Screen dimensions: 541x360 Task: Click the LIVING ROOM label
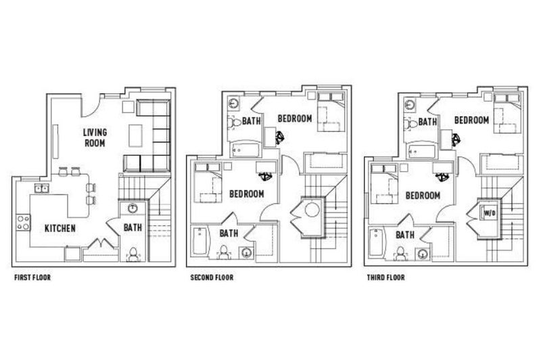click(x=95, y=137)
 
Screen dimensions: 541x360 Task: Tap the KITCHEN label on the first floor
click(x=60, y=228)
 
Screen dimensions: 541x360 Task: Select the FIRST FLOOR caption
click(x=32, y=277)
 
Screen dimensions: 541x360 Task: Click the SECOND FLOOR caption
click(x=212, y=277)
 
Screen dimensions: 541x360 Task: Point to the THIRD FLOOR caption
click(x=385, y=277)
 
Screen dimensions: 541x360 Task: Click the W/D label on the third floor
click(x=489, y=213)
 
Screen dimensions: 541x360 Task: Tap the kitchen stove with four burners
click(x=24, y=223)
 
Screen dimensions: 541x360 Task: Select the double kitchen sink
click(x=42, y=188)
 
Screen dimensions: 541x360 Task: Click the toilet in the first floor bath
click(x=133, y=253)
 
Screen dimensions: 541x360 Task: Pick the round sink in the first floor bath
click(x=133, y=208)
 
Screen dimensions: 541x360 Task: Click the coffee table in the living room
click(x=136, y=135)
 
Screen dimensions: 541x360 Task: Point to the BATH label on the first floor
click(x=133, y=227)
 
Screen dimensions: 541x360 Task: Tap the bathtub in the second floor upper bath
click(x=245, y=150)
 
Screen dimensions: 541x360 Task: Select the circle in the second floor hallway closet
click(x=312, y=210)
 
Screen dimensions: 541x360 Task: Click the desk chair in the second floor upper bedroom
click(x=280, y=138)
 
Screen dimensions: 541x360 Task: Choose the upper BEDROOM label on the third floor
click(x=471, y=120)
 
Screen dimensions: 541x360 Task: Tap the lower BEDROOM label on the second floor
click(x=247, y=194)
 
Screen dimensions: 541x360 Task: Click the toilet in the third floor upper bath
click(x=411, y=124)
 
